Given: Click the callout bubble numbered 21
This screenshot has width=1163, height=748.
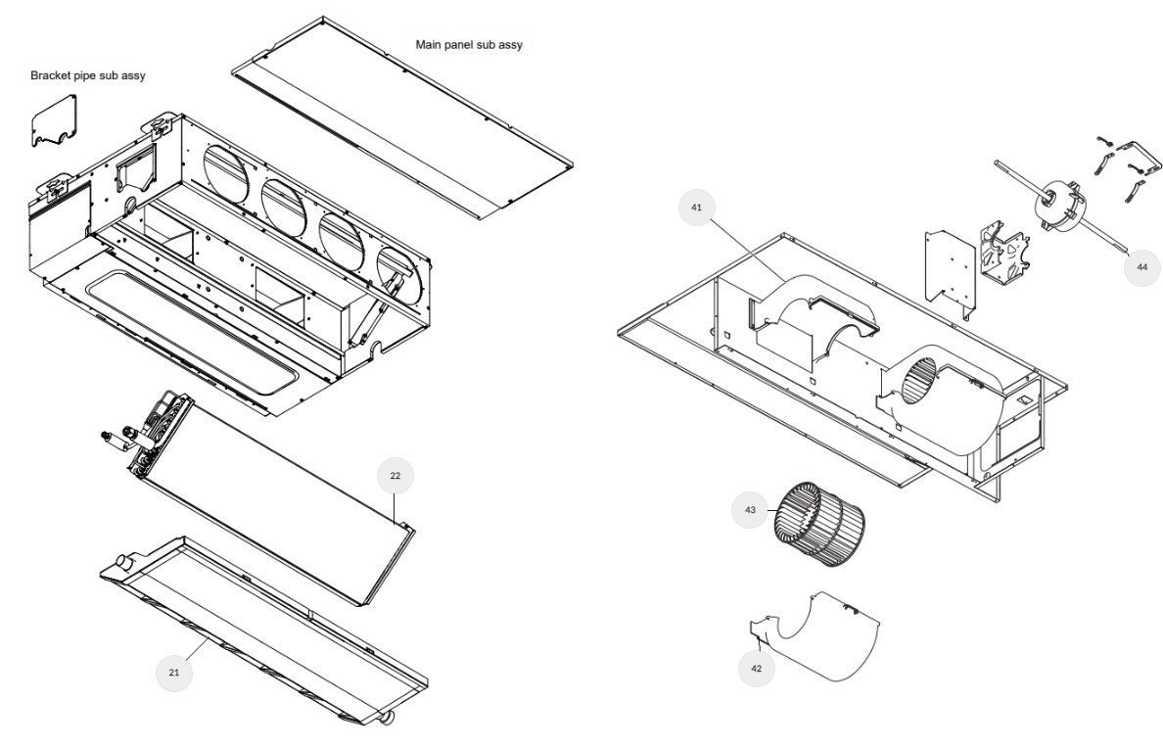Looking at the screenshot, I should [x=174, y=673].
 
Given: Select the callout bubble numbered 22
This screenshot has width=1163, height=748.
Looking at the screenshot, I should [x=395, y=476].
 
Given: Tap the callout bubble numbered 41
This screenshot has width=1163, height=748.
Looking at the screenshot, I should [x=696, y=208].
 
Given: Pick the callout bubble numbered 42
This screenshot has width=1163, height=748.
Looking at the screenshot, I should [x=756, y=668].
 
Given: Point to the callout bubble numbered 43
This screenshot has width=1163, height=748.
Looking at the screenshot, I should [x=751, y=510].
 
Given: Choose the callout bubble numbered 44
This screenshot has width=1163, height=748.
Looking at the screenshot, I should [x=1141, y=266].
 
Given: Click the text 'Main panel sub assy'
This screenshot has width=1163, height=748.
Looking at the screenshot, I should [x=469, y=45].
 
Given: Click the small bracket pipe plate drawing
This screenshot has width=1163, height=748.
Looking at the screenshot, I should [x=54, y=122].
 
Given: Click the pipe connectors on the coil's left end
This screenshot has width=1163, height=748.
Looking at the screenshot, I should [x=118, y=440].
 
